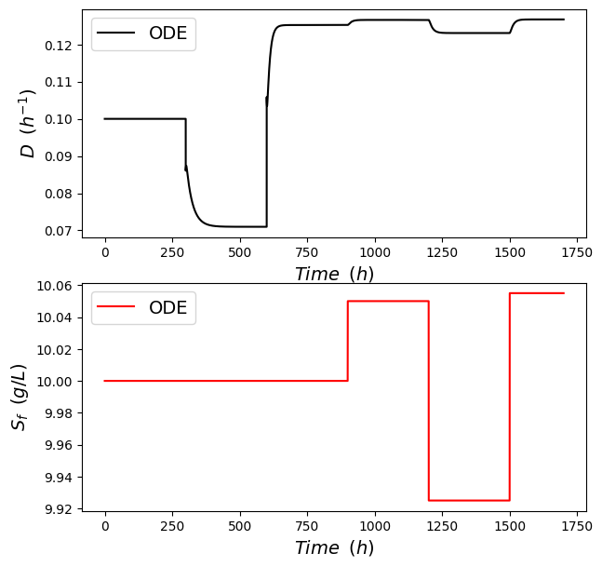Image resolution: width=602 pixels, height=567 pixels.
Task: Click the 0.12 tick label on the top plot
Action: point(58,45)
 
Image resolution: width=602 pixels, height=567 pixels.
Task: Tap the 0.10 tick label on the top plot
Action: point(58,119)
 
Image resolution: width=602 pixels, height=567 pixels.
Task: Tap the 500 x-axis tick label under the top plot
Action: point(240,251)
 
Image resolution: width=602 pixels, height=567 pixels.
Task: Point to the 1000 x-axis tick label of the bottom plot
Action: point(375,526)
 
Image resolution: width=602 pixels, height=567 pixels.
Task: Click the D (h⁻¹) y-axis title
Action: point(28,124)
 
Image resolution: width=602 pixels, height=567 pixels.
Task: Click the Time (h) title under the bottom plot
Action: point(334,548)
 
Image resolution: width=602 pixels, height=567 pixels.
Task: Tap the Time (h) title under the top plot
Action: point(334,274)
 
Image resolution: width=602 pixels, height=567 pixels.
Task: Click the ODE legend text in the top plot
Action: point(167,34)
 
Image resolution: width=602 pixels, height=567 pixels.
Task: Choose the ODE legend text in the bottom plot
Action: point(167,308)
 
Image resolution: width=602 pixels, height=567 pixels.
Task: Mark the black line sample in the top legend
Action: point(118,34)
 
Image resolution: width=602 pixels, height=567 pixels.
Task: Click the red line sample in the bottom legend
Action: point(118,308)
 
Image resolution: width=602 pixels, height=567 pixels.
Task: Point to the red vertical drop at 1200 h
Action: point(429,400)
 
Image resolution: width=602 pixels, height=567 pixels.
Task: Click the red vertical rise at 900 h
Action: point(348,341)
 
